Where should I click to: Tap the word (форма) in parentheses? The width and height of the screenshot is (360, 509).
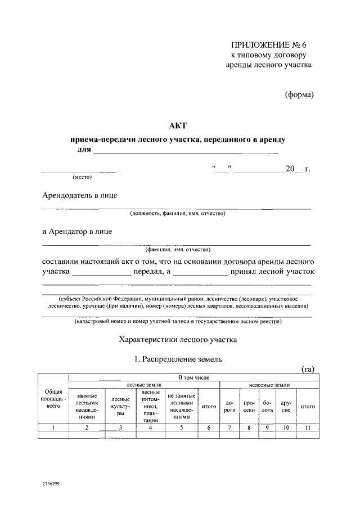(299, 94)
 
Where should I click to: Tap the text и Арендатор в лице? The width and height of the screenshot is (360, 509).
(78, 231)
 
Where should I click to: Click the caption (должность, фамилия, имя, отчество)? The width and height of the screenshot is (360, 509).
(177, 214)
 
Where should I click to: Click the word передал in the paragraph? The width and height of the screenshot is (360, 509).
(148, 272)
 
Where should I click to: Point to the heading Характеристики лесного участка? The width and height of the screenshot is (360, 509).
(178, 340)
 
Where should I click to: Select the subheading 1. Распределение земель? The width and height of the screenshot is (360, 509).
(178, 358)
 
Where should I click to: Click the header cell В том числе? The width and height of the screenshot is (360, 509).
(193, 377)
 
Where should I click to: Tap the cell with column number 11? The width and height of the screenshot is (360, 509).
(308, 428)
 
